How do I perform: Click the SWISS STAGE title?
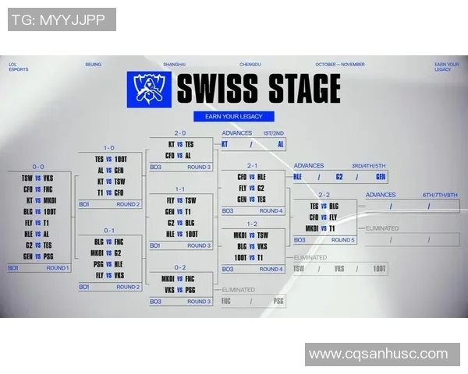point(258,88)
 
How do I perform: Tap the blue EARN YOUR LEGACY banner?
point(234,116)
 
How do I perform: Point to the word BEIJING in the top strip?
point(93,65)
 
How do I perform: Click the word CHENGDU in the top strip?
point(249,65)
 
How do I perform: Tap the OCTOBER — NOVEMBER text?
point(339,65)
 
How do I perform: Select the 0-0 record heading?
point(38,167)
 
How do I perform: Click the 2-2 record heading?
point(324,195)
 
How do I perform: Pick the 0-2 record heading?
point(180,266)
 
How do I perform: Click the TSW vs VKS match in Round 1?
point(37,178)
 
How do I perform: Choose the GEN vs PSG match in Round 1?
point(37,256)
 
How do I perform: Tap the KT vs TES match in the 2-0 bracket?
point(180,144)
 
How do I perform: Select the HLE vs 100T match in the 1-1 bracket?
point(180,233)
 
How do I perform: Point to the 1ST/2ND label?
point(273,133)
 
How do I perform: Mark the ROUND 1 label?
point(57,268)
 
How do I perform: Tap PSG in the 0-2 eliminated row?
point(278,301)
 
